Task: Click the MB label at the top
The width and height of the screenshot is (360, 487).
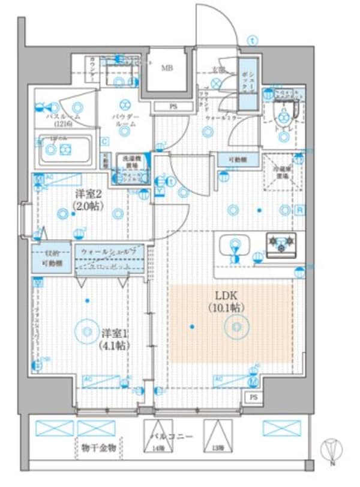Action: (x=166, y=68)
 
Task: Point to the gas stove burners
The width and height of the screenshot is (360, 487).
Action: (x=282, y=244)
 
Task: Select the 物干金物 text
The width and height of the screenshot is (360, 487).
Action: (x=101, y=449)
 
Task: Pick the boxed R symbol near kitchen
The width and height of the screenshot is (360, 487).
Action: (x=299, y=210)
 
